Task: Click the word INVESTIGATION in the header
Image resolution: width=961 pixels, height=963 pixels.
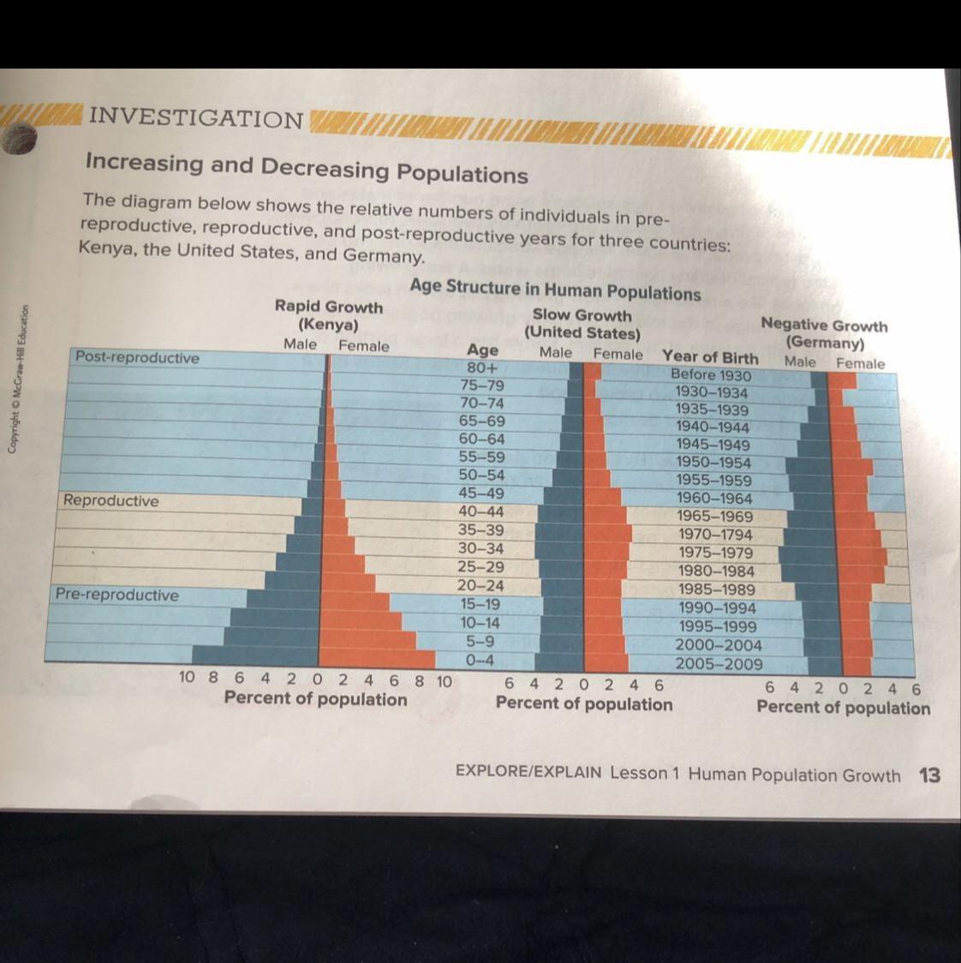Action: [196, 117]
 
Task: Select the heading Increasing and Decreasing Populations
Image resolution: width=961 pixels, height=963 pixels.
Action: [306, 167]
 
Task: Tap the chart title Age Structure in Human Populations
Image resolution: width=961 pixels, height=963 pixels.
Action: [555, 290]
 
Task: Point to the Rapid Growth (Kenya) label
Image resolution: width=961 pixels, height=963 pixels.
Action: [329, 315]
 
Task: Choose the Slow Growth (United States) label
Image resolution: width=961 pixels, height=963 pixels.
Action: [582, 324]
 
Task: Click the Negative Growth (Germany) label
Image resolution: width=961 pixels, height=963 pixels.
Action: [824, 334]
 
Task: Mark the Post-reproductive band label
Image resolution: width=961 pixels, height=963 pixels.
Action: [137, 357]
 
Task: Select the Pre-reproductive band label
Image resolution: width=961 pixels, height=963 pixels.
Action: [117, 595]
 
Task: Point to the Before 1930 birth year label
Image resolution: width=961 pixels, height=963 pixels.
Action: [711, 374]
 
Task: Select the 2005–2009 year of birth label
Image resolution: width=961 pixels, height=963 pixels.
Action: [719, 664]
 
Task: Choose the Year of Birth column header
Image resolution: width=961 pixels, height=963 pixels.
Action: [710, 357]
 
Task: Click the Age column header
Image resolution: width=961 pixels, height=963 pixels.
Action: [482, 350]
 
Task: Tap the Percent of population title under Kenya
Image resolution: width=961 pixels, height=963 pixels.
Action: [315, 699]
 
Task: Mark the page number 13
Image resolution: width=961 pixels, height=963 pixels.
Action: [929, 775]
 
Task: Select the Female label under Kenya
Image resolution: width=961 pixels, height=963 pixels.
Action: [363, 346]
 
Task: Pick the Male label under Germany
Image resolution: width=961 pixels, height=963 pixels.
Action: [800, 362]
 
